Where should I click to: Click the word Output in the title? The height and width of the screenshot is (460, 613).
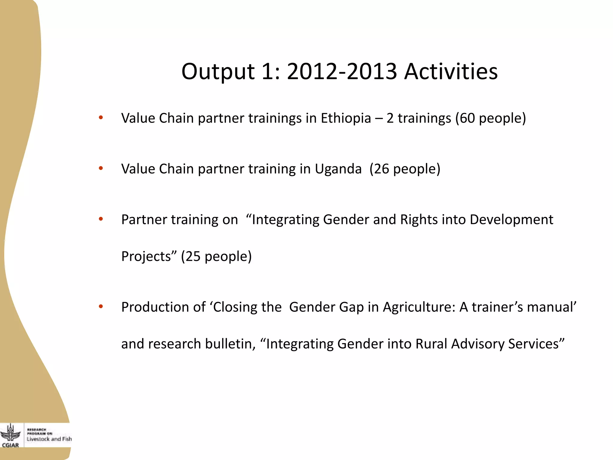point(218,72)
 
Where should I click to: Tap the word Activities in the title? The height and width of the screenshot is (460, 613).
point(451,72)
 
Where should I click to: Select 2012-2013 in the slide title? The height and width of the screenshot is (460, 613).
point(342,72)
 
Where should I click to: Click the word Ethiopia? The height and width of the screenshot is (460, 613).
point(346,118)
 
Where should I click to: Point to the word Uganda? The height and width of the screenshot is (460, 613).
point(338,169)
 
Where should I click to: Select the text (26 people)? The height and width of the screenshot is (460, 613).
point(405,169)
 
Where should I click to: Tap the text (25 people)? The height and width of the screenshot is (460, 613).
point(216,257)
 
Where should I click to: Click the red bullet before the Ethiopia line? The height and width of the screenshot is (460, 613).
point(101,117)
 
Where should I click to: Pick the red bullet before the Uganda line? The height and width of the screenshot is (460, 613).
point(101,168)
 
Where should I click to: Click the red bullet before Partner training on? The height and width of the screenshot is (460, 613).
point(101,219)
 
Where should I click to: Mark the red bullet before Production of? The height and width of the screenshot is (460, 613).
point(101,306)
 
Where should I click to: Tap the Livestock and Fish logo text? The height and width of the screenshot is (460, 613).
point(49,439)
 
